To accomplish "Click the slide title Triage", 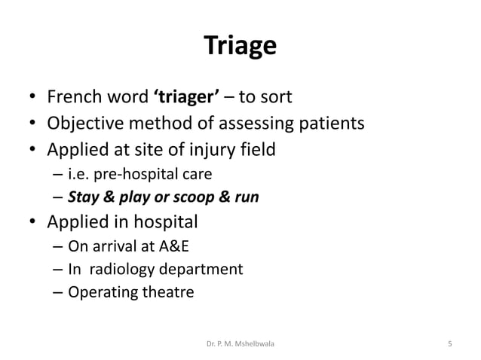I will (x=240, y=47).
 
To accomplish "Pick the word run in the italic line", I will (x=245, y=198).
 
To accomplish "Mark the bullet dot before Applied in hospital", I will (x=33, y=223).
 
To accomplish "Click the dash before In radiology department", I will (x=58, y=269).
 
